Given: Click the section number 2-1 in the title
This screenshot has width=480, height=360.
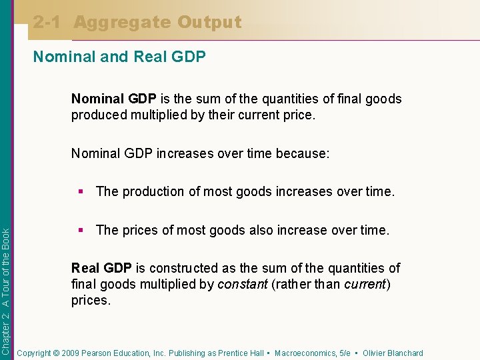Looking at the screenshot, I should (x=49, y=23).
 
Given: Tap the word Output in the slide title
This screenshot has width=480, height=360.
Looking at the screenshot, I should (x=209, y=23).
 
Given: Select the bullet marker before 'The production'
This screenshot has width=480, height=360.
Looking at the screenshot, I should (x=81, y=191).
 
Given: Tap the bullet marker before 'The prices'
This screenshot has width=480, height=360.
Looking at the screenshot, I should (x=81, y=230).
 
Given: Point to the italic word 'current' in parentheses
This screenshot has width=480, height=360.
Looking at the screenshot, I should (x=365, y=284).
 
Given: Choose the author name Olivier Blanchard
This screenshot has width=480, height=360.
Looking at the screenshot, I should (x=393, y=353).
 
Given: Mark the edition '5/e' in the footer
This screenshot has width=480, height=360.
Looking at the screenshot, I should (x=345, y=353).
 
